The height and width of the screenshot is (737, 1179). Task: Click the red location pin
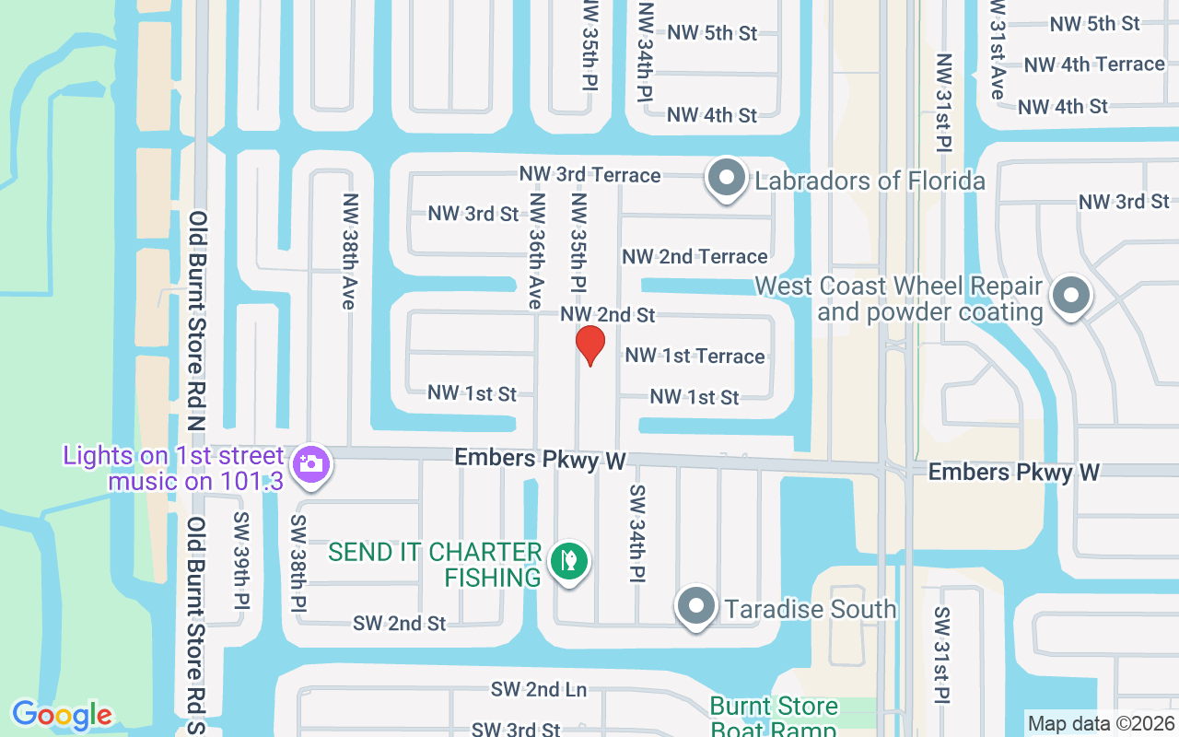coord(589,345)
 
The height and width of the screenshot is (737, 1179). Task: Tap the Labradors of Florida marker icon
coord(726,178)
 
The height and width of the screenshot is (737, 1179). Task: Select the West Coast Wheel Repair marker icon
coord(1070,297)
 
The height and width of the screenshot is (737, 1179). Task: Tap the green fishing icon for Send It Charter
coord(569,560)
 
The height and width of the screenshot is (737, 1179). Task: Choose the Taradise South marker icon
coord(696,606)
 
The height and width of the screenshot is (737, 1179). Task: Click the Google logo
coord(62,715)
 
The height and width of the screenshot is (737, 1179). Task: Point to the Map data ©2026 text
coord(1101,723)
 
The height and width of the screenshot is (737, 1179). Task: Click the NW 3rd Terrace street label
coord(589,174)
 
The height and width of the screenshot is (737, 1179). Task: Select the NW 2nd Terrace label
coord(695,256)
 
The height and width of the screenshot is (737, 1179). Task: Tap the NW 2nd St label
coord(608,315)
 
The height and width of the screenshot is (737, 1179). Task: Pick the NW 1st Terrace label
coord(695,356)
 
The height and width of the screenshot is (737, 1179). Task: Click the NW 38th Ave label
coord(349,251)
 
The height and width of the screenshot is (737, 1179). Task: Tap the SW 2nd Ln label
coord(539,689)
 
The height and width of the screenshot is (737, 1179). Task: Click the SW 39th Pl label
coord(241,559)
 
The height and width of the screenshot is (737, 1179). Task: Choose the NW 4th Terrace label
coord(1094,64)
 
